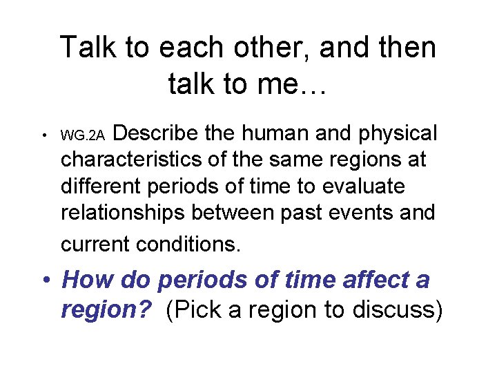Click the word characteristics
pyautogui.click(x=142, y=160)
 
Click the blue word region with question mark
pyautogui.click(x=106, y=310)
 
